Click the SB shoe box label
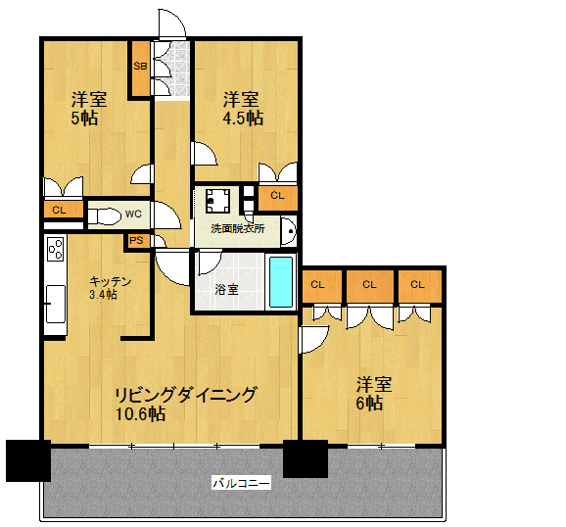(x=140, y=67)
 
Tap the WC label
(x=133, y=214)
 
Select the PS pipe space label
(x=136, y=241)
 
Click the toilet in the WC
(x=104, y=216)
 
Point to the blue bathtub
(x=281, y=282)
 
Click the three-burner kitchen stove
(x=56, y=248)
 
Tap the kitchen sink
(x=55, y=304)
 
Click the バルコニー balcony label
(x=241, y=483)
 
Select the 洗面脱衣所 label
(x=238, y=228)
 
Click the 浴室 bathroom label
(x=226, y=289)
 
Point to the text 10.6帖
(x=140, y=413)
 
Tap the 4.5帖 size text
(x=243, y=118)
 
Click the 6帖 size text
(x=369, y=403)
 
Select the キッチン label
(x=110, y=281)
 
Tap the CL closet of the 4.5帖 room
(x=278, y=198)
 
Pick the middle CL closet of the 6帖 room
(x=369, y=286)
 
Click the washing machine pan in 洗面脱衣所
(x=218, y=201)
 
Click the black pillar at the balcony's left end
(x=28, y=460)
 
